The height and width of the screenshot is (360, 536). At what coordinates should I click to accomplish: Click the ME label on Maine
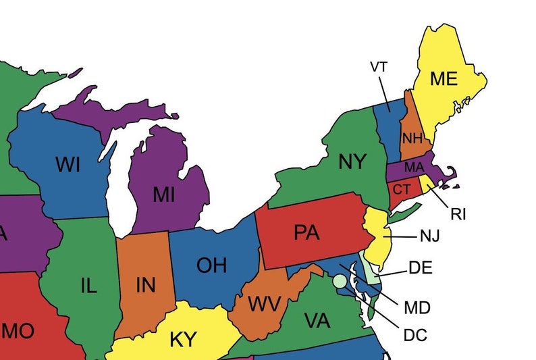[x=444, y=79]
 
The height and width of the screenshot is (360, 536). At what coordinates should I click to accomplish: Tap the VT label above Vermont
[x=379, y=66]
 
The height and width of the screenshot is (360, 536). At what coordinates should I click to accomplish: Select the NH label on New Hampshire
[x=412, y=138]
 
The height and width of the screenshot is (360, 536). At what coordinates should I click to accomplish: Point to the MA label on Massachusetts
[x=413, y=167]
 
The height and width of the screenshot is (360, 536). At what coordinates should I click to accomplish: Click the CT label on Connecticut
[x=402, y=188]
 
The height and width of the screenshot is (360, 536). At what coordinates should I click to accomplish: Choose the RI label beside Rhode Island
[x=458, y=215]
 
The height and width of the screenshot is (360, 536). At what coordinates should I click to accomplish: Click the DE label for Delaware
[x=420, y=268]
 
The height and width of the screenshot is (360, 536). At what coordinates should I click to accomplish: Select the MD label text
[x=417, y=309]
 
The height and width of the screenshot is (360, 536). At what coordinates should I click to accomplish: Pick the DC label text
[x=415, y=334]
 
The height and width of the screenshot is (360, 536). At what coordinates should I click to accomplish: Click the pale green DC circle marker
[x=339, y=280]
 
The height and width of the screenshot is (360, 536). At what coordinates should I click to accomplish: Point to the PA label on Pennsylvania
[x=306, y=232]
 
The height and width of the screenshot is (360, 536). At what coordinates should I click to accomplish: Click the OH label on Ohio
[x=211, y=265]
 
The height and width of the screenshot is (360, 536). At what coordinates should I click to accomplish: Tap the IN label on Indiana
[x=145, y=286]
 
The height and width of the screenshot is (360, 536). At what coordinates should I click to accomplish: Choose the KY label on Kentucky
[x=183, y=339]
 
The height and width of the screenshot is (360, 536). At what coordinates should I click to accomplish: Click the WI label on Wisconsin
[x=69, y=163]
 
